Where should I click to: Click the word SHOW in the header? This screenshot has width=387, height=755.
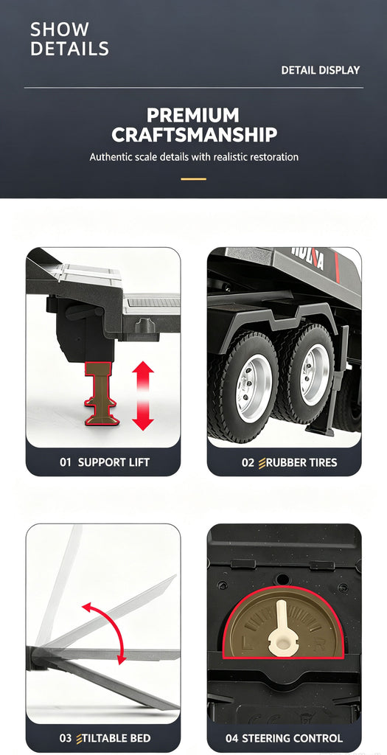(60, 29)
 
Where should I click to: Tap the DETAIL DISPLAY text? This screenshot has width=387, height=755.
(321, 70)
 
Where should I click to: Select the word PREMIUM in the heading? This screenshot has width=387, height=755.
(193, 116)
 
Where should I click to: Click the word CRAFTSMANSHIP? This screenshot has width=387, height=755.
(195, 136)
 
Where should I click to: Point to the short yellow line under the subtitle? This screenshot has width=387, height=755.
(193, 179)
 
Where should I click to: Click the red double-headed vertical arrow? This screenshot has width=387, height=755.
(143, 395)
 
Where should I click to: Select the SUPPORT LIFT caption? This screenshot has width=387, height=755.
(114, 463)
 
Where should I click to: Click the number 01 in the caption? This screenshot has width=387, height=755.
(66, 463)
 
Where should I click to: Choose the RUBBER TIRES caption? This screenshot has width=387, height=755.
(301, 463)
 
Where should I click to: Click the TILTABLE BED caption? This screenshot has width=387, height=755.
(117, 738)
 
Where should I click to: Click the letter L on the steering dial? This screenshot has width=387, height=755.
(245, 642)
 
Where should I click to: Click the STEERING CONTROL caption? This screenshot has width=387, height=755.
(291, 738)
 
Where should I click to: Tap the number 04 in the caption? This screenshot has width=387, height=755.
(231, 738)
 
